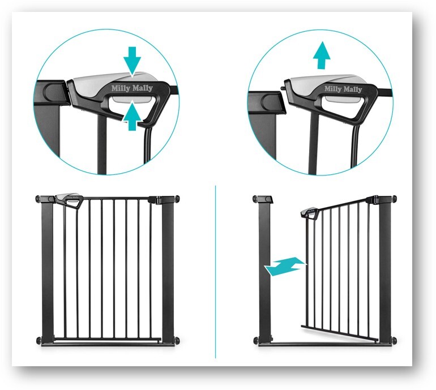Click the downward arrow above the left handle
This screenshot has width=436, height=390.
coord(132,61)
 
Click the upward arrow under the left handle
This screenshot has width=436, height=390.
coord(132,116)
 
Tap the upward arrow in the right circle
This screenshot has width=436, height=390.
coord(322,55)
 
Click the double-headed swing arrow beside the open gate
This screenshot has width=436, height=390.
coord(285,266)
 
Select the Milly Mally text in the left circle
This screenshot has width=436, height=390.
coord(132,88)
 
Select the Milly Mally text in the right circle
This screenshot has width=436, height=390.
coord(343,89)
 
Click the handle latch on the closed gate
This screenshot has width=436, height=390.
coord(70,200)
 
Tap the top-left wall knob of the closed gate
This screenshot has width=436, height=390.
coord(38,199)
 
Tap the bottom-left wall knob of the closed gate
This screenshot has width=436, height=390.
coord(38,340)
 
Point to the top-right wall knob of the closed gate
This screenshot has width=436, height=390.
coord(177,199)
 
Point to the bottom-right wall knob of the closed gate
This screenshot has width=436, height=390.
coord(177,340)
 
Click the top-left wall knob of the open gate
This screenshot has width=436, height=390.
coord(255,199)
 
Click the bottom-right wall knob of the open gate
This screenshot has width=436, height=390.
coord(394,340)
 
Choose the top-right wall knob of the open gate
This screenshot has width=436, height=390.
coord(394,199)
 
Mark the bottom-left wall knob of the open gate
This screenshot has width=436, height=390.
coord(255,340)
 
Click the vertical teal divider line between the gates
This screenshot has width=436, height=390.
coord(216,272)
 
